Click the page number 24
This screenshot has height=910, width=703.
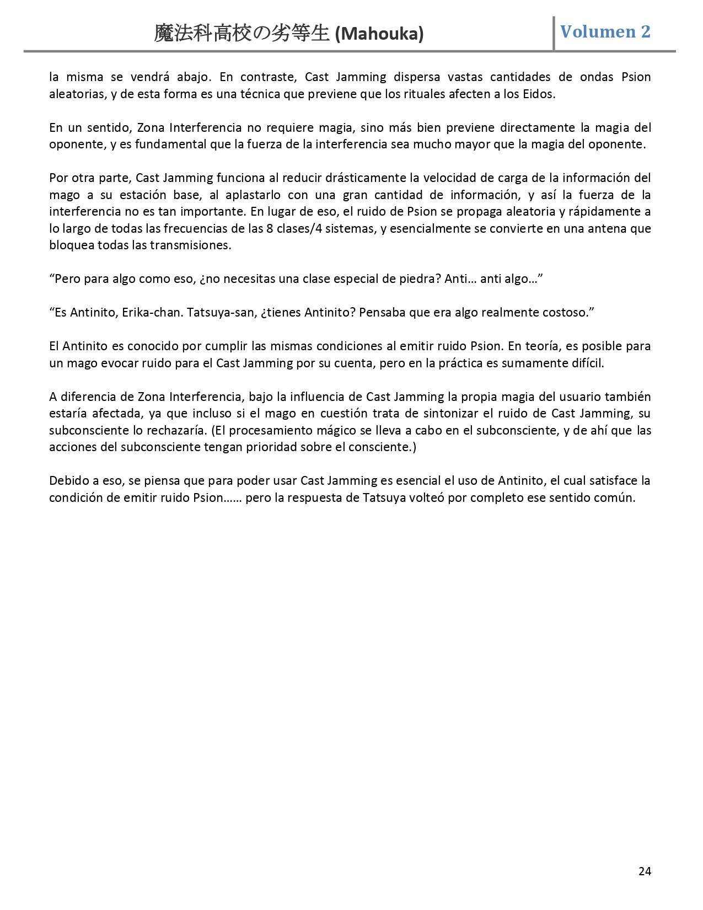point(645,871)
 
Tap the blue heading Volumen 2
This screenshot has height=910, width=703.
point(605,31)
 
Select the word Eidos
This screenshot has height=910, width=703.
point(538,94)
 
